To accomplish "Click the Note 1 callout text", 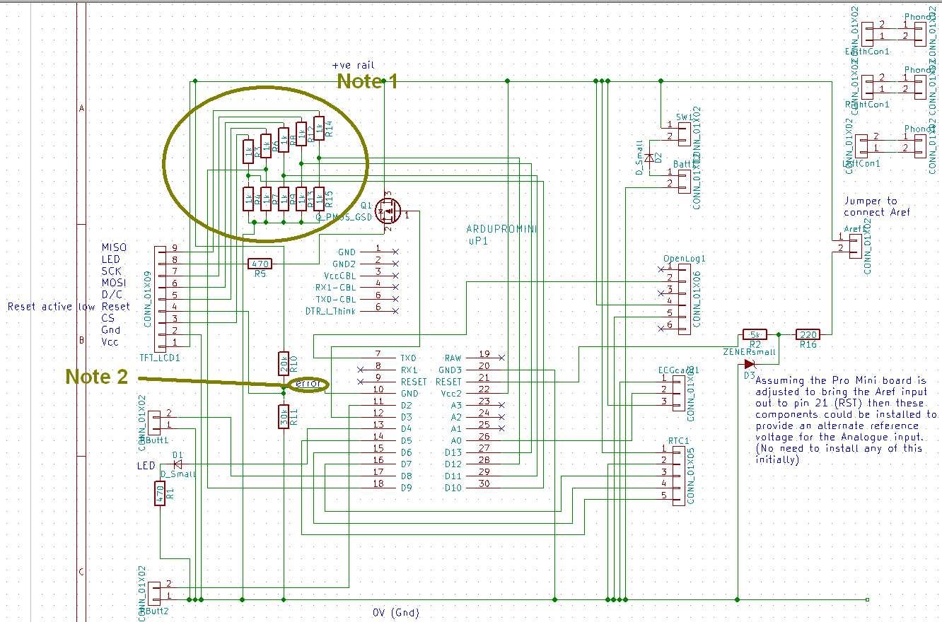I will pos(367,81).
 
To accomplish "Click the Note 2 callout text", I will pos(96,377).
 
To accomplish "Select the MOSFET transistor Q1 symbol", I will pos(388,210).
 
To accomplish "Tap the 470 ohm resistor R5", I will pos(260,264).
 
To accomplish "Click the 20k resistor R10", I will pos(284,363).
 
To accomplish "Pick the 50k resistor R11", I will pos(284,417).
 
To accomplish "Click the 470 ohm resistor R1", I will pos(161,493).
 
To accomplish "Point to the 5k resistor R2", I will pos(755,334).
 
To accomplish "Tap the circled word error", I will pos(309,384).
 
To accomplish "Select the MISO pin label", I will pos(114,247).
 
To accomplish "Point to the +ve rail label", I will pos(352,65).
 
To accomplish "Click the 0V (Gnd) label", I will pos(395,612).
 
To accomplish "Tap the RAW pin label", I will pos(452,358).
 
